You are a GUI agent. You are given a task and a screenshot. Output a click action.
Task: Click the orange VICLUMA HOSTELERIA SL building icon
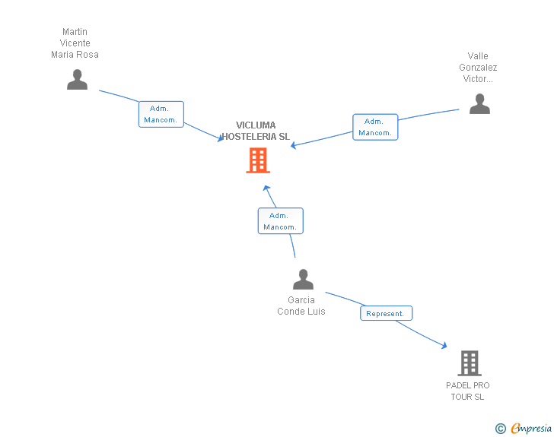[258, 160]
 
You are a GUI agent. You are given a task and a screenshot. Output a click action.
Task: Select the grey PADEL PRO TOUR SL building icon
[470, 363]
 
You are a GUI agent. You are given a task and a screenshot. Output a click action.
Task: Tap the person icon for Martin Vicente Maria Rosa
[77, 80]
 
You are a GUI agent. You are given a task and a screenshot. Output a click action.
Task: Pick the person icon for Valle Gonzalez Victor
[479, 104]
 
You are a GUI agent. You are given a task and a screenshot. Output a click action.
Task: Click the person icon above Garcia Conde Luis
[303, 279]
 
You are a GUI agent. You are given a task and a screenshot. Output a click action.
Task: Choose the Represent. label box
[386, 313]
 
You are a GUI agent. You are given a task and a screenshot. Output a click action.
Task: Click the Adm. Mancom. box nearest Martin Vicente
[161, 114]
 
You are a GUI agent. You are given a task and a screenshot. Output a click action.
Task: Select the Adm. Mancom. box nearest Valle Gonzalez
[375, 127]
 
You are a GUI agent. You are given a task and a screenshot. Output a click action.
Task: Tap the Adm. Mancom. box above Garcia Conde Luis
[281, 221]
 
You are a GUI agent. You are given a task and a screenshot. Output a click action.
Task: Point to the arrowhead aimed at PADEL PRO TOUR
[444, 346]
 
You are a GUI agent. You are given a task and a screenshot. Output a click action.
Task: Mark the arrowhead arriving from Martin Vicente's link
[221, 138]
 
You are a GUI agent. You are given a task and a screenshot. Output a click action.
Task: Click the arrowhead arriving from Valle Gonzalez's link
[293, 145]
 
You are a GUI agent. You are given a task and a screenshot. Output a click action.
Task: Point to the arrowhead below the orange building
[266, 188]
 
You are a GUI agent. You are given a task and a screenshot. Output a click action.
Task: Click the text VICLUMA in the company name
[256, 125]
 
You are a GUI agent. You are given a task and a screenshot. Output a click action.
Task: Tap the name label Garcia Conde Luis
[301, 306]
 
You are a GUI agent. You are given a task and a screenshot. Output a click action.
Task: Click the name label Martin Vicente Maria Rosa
[75, 43]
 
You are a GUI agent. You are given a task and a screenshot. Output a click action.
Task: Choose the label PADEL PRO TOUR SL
[467, 391]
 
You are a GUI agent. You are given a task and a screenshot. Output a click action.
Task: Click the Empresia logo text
[531, 428]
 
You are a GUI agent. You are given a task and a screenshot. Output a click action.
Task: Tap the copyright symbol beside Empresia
[501, 429]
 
